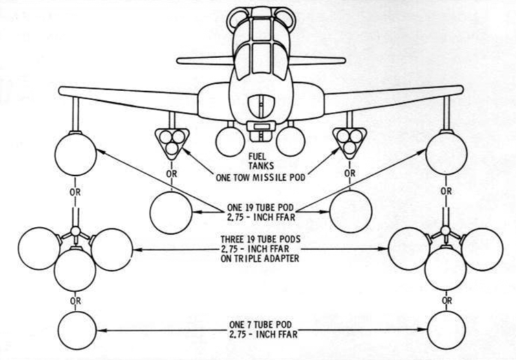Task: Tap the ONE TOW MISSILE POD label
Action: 260,178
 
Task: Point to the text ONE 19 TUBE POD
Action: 260,207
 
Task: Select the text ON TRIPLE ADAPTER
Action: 260,258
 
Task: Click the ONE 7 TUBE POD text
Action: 260,325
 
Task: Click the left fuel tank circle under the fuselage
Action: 230,141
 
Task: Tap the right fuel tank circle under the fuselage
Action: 290,141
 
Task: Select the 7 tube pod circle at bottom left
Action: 77,330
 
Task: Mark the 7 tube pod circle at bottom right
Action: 447,330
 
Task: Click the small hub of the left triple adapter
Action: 76,231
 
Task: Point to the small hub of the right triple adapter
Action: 446,230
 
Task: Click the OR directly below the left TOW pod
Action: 171,173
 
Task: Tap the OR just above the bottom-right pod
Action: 447,301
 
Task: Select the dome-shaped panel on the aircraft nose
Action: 261,106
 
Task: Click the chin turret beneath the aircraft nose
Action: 261,131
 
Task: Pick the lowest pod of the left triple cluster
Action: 75,270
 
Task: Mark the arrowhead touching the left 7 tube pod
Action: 101,330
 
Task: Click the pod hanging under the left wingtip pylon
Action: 76,154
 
